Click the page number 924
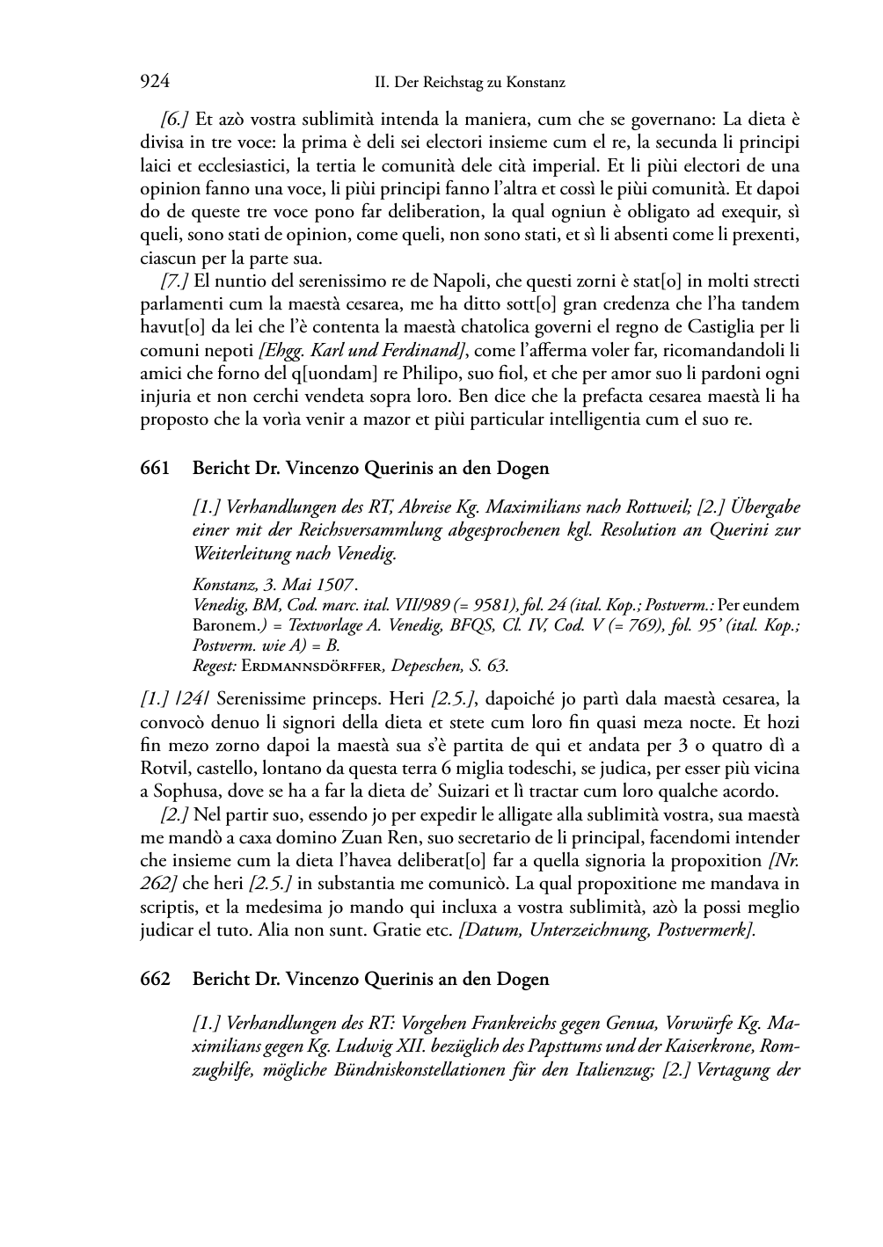[155, 82]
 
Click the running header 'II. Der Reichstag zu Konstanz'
[470, 83]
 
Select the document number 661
[155, 469]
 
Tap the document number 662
[155, 980]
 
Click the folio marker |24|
[193, 700]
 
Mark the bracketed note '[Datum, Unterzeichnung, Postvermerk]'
[607, 930]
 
